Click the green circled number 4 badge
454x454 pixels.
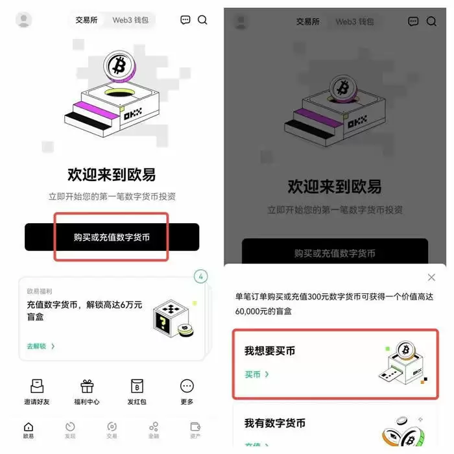coord(201,277)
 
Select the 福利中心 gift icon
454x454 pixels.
coord(87,387)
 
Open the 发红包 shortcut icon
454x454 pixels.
coord(137,387)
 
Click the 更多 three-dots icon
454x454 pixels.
coord(187,387)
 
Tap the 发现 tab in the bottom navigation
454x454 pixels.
coord(70,429)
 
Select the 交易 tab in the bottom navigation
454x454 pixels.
coord(112,429)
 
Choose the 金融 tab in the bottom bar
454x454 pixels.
coord(154,429)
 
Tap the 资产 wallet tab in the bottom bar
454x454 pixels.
coord(195,429)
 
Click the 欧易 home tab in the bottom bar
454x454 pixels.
coord(29,429)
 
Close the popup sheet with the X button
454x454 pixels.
coord(431,278)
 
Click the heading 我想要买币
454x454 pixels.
coord(270,351)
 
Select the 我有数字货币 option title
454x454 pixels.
coord(275,424)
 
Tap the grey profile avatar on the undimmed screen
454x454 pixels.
coord(24,20)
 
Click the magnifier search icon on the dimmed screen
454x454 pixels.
coord(431,21)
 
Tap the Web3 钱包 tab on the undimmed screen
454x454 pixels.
coord(130,20)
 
